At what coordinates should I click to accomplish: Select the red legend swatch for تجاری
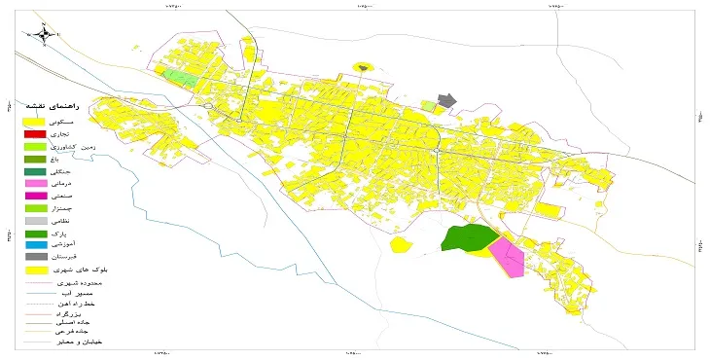35,132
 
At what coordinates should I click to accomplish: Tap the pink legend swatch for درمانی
35,183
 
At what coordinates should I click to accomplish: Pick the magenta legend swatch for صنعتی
35,196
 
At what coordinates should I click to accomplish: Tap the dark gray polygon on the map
446,100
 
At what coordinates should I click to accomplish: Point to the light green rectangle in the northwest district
181,77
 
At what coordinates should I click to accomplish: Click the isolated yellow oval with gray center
363,67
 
